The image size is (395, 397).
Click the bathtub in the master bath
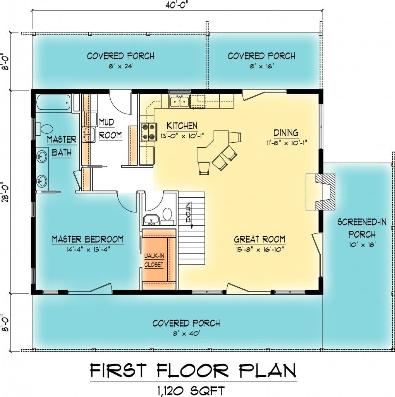pos(53,102)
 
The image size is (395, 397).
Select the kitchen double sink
pos(180,101)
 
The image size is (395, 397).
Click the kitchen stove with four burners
pos(149,132)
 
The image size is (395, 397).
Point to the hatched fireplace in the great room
pos(325,192)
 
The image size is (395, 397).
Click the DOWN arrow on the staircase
pos(191,215)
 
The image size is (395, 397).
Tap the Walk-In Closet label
pos(154,260)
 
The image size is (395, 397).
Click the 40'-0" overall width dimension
pos(177,5)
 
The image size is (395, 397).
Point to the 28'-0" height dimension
pos(5,192)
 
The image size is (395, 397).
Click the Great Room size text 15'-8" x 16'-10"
pos(260,249)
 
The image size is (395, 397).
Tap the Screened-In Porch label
pos(362,228)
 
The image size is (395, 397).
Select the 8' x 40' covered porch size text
pos(187,333)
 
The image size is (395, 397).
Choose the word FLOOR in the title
pos(193,370)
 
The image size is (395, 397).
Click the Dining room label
pos(286,133)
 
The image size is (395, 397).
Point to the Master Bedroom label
pos(88,239)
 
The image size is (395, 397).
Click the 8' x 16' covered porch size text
pos(262,66)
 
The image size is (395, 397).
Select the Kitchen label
pos(182,126)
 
